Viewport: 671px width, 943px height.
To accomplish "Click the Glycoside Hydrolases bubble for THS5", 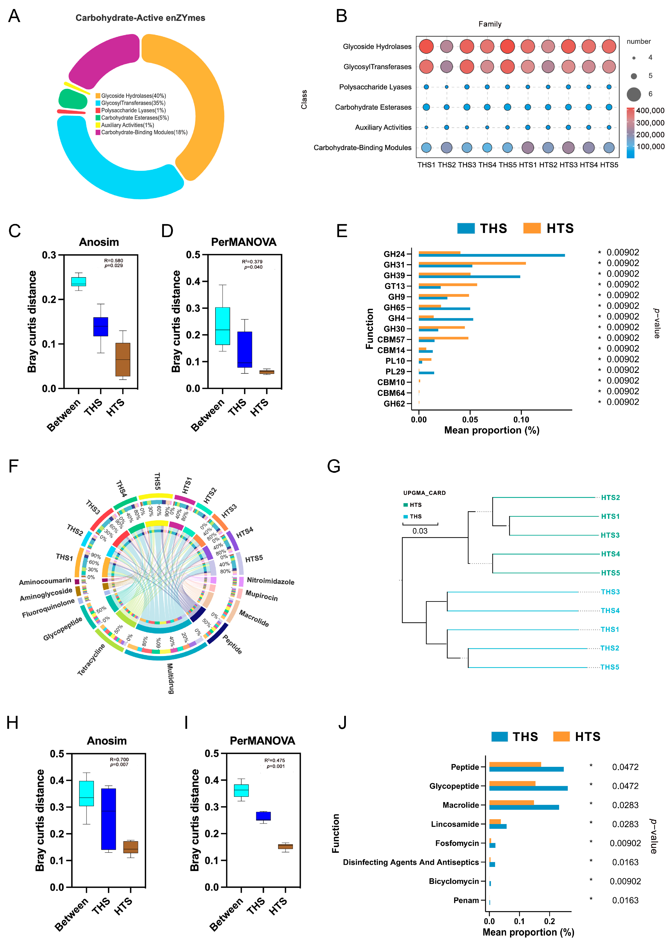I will (x=507, y=46).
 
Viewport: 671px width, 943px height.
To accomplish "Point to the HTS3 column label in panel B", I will (x=568, y=165).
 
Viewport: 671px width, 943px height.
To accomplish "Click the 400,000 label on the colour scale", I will (x=650, y=111).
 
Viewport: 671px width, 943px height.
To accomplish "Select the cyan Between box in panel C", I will (x=78, y=281).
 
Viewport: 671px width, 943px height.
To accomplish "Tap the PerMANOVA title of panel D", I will (x=243, y=242).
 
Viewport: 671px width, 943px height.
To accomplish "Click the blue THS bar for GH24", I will (x=492, y=255).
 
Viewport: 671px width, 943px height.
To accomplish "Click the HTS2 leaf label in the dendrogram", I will (x=610, y=497).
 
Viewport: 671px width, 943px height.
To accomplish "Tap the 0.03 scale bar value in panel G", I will (x=420, y=531).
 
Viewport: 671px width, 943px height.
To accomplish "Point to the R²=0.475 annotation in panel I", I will (x=275, y=760).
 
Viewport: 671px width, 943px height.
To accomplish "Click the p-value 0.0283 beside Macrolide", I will (x=625, y=805).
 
